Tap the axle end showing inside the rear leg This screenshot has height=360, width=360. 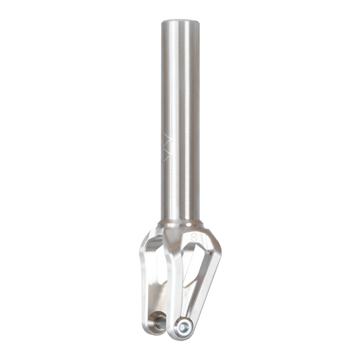point(157,322)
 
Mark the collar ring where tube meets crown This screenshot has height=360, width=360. point(180,223)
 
